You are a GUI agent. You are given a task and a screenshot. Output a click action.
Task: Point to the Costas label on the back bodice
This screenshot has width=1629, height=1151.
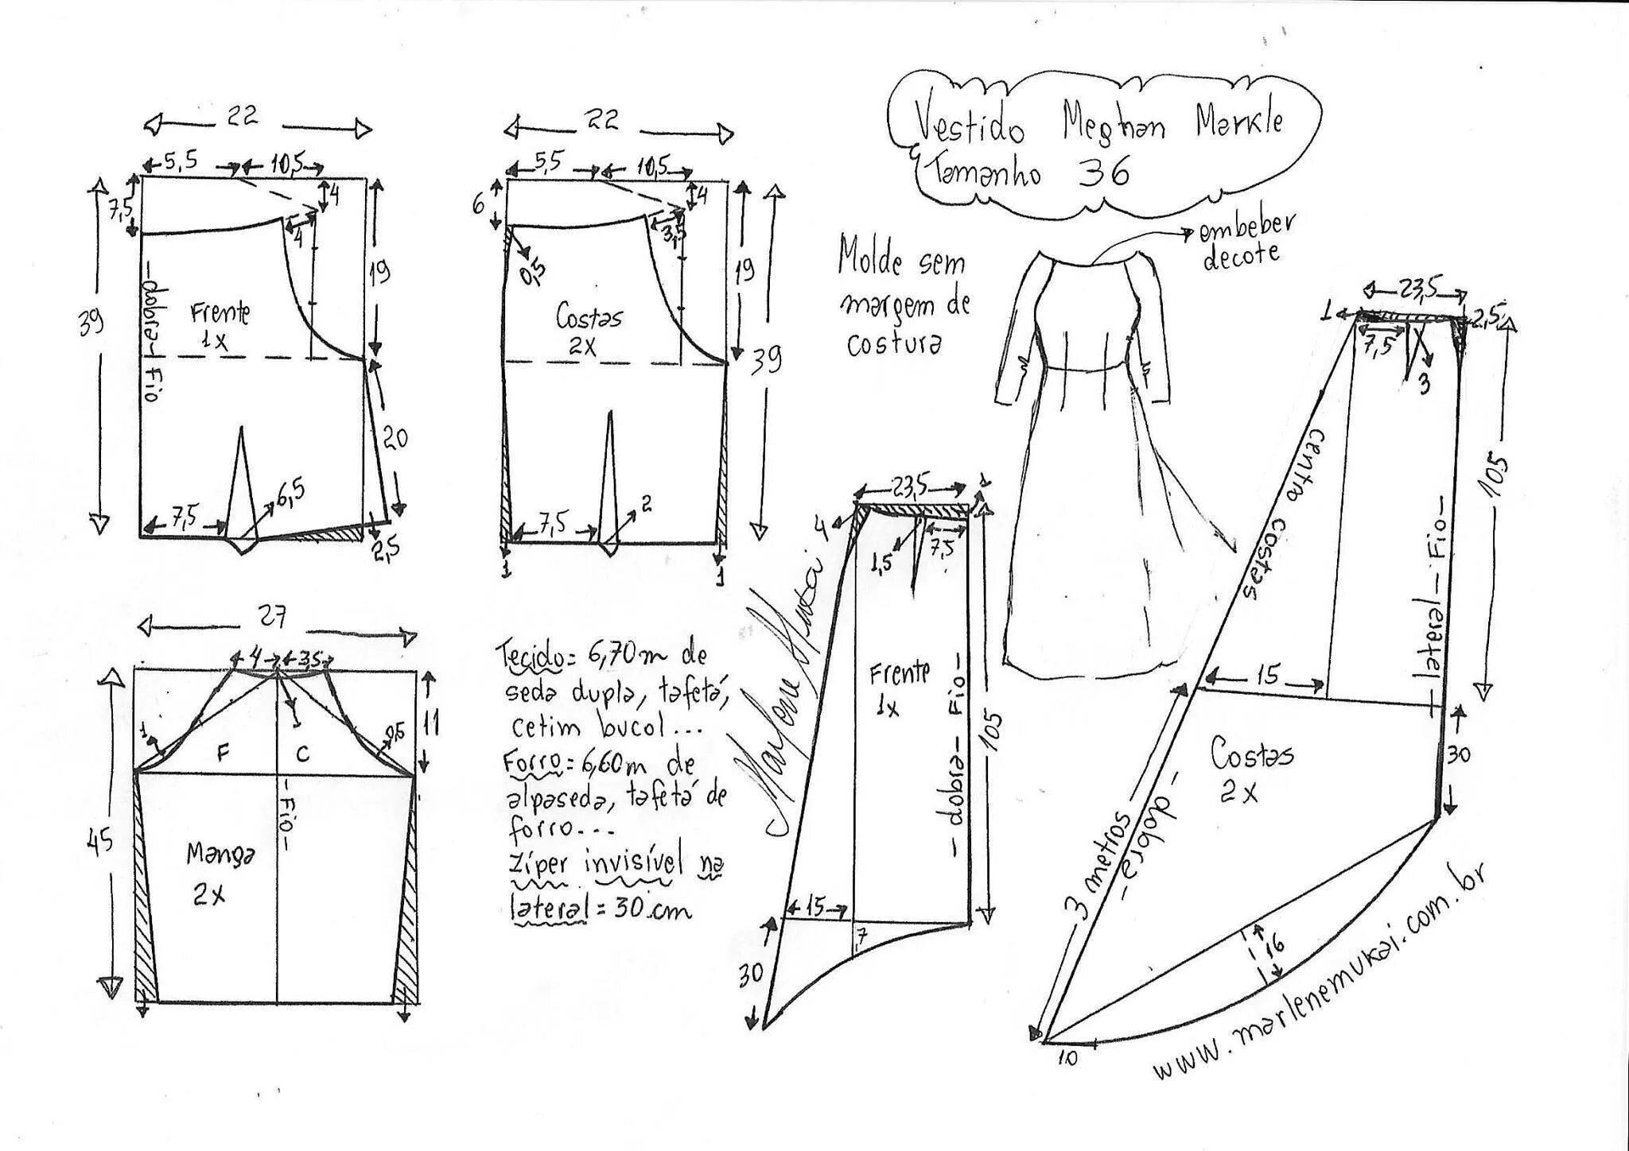pos(589,318)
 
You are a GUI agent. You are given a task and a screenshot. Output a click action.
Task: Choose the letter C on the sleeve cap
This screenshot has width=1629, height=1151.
pos(303,752)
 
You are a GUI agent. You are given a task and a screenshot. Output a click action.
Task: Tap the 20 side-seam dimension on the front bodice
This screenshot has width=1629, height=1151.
pos(395,437)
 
